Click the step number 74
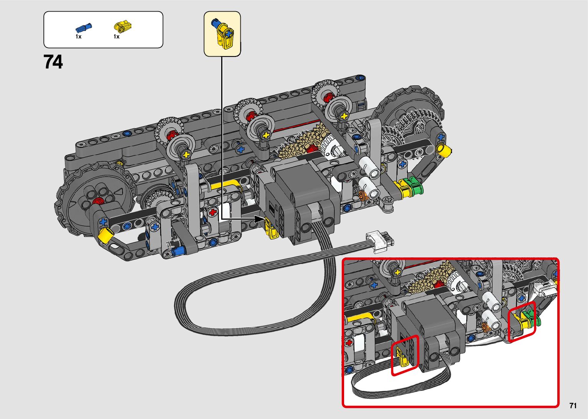click(53, 62)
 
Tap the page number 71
click(573, 405)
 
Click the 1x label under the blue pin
click(78, 37)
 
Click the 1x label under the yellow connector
click(116, 37)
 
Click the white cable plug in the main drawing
click(380, 242)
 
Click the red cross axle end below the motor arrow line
click(213, 212)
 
